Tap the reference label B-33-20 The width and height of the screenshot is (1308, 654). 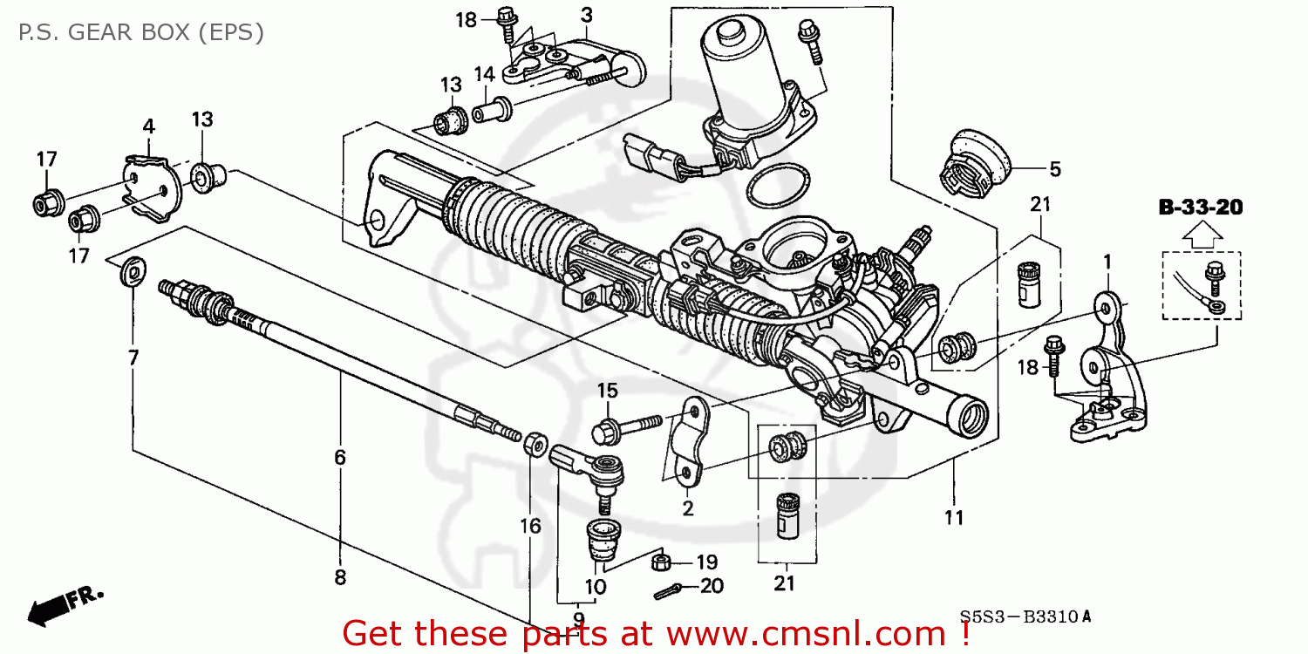pyautogui.click(x=1200, y=208)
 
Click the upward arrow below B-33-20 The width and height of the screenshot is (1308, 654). pyautogui.click(x=1200, y=232)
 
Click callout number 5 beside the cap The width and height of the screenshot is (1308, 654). pyautogui.click(x=1055, y=169)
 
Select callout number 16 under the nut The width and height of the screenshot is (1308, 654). pyautogui.click(x=530, y=525)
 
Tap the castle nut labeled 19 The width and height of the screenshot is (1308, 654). pyautogui.click(x=661, y=561)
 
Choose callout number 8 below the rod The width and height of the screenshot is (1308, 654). pyautogui.click(x=340, y=576)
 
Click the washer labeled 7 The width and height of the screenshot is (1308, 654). pyautogui.click(x=133, y=272)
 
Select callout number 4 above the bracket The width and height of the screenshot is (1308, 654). pyautogui.click(x=149, y=126)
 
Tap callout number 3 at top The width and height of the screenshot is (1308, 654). pyautogui.click(x=586, y=15)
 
